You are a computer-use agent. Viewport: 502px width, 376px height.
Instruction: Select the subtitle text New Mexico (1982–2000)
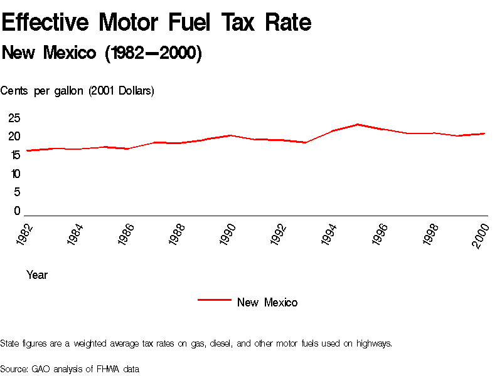tap(102, 53)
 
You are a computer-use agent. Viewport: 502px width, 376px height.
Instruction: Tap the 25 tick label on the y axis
tap(14, 118)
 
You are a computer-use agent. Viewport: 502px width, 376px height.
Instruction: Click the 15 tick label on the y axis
tap(14, 155)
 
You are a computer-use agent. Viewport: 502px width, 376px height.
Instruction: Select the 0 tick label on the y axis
tap(18, 211)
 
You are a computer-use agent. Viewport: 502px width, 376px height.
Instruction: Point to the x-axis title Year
tap(37, 275)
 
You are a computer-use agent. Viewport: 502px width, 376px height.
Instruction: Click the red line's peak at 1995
tap(358, 124)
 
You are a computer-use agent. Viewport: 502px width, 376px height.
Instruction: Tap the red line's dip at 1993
tap(306, 143)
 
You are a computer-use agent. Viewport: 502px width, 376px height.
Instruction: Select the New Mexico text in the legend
tap(267, 303)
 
